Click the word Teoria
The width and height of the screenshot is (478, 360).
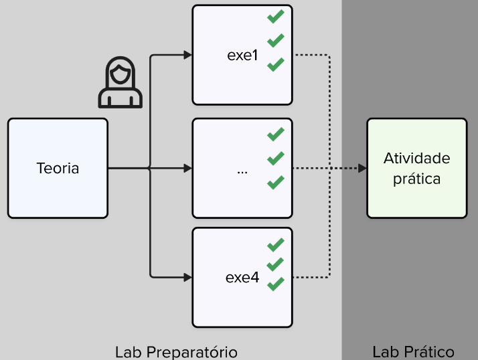(x=58, y=168)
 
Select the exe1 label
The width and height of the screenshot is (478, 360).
(x=242, y=55)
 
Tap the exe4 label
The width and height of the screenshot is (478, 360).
(x=242, y=278)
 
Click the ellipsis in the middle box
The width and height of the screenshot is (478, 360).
(x=242, y=173)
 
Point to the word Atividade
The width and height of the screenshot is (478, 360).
(x=416, y=158)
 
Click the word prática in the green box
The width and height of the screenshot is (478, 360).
(x=416, y=179)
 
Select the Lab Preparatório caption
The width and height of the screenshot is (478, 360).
(x=176, y=353)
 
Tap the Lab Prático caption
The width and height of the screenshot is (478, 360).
(x=413, y=353)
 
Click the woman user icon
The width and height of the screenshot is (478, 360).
(x=120, y=82)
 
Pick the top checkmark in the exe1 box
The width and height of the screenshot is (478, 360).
(x=276, y=17)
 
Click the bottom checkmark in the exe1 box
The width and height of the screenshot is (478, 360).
(x=276, y=65)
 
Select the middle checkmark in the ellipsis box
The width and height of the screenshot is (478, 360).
(x=276, y=159)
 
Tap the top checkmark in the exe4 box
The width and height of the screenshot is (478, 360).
(x=276, y=245)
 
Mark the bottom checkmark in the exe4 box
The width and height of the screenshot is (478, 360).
(x=276, y=284)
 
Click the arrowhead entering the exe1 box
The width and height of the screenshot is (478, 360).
(x=187, y=55)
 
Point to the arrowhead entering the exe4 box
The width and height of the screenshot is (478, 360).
(x=187, y=278)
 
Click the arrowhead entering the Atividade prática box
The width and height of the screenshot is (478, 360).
(x=362, y=168)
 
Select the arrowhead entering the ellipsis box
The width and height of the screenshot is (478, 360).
(x=187, y=168)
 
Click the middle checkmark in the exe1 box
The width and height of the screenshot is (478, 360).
(x=276, y=41)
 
